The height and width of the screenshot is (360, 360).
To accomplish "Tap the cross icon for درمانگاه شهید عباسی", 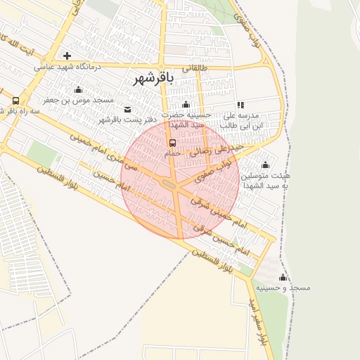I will coord(67,56).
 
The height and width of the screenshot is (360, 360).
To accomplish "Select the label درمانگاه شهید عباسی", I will coord(68,67).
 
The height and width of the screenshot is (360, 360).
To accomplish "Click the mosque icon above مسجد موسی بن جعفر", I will coord(77,89).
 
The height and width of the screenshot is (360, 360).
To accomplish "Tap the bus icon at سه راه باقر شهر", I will coord(15,101).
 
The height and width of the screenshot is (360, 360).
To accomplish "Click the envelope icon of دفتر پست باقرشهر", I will coord(127,109).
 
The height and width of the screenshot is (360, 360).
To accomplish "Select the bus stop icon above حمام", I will coord(173,143).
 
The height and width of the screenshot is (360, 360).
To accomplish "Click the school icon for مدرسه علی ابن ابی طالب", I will coord(240,105).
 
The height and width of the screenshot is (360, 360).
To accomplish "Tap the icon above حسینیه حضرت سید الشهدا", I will coord(186,105).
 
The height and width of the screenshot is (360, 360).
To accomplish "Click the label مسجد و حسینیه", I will coord(283,288).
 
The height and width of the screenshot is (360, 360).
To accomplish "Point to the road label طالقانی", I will coord(195,68).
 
